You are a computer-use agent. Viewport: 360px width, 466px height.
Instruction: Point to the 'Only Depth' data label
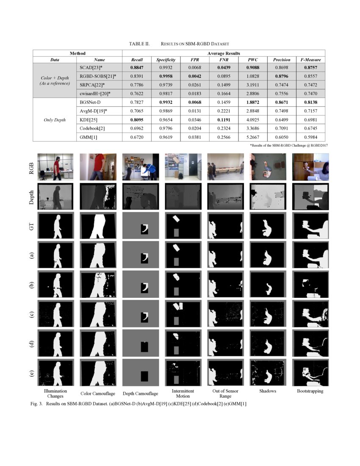pos(55,120)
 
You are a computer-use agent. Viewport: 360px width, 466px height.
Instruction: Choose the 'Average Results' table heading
pos(223,53)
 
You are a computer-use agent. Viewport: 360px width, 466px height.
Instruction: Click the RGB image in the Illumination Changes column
pos(55,167)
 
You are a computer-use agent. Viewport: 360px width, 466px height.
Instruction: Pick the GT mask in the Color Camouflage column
pos(98,226)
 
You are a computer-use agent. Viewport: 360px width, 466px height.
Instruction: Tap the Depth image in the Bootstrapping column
pos(310,197)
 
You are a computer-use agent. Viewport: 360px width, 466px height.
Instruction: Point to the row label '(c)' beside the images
pos(30,314)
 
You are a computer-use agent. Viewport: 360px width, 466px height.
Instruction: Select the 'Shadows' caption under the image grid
pos(267,391)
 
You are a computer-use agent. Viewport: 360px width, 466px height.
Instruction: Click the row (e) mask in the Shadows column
pos(267,372)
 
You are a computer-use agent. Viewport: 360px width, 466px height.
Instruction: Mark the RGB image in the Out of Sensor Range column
pos(225,167)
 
